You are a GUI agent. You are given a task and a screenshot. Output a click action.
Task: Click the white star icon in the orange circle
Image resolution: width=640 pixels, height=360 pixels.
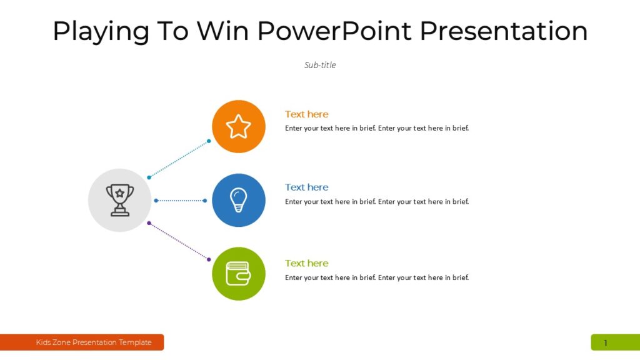[x=239, y=126]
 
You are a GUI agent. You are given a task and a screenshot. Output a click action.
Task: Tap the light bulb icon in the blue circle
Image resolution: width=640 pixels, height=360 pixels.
[x=239, y=200]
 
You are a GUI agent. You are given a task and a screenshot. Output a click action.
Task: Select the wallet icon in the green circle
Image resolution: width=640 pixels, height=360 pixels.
[x=239, y=274]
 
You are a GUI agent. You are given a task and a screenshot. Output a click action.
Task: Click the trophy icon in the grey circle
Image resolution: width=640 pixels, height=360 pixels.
[x=119, y=200]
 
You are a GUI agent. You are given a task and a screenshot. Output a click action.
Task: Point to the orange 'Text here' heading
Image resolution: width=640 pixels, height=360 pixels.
[x=306, y=114]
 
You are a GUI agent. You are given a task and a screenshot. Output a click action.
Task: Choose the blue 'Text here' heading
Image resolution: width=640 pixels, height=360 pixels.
[x=306, y=187]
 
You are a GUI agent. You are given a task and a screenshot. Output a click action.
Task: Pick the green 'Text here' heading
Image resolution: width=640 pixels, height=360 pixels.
[x=306, y=263]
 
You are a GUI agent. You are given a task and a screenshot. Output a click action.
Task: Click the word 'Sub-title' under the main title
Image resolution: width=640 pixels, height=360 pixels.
[x=320, y=65]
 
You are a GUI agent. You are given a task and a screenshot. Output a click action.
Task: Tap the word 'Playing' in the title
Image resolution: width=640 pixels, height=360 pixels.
[x=101, y=31]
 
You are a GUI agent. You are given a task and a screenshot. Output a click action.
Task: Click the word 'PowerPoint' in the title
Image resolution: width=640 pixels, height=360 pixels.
[x=334, y=31]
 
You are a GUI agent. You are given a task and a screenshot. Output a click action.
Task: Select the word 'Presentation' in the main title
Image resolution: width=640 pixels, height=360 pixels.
[x=504, y=31]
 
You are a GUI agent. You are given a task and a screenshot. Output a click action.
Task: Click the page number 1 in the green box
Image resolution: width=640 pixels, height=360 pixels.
[x=605, y=342]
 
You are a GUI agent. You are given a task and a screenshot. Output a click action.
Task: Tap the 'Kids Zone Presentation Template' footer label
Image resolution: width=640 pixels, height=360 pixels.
[x=94, y=342]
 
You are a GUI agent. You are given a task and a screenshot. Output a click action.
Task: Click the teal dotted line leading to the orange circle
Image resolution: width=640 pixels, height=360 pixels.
[x=179, y=159]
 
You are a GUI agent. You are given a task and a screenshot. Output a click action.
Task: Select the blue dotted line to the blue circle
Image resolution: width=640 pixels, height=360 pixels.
[x=180, y=201]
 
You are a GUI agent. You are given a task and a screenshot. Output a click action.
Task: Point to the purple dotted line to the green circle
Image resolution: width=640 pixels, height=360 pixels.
[x=179, y=241]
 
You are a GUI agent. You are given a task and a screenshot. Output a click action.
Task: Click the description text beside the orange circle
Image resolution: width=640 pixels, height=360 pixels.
[x=377, y=128]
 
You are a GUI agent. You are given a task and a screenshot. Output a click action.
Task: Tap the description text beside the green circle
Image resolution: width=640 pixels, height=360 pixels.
[x=377, y=277]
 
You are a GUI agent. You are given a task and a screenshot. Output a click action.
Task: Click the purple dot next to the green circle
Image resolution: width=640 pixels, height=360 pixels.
[x=209, y=259]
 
